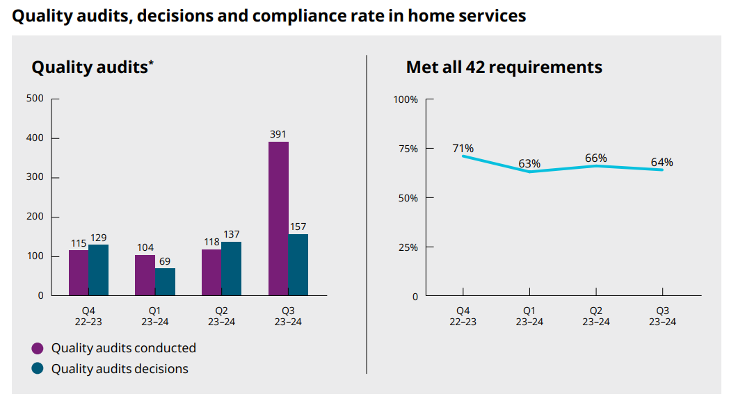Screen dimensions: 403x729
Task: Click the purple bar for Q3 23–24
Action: [x=278, y=219]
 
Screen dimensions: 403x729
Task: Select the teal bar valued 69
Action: [x=165, y=282]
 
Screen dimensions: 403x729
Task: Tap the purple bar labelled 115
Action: [x=79, y=273]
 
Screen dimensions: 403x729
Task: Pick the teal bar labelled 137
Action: [x=231, y=269]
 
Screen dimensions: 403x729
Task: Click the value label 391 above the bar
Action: [x=278, y=134]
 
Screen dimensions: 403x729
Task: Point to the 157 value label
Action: [x=298, y=227]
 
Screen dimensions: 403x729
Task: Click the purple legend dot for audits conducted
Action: [x=38, y=348]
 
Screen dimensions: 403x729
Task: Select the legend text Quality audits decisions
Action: [x=120, y=369]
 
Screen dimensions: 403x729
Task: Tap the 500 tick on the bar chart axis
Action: [x=35, y=99]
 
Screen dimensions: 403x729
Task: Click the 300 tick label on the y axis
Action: [x=35, y=178]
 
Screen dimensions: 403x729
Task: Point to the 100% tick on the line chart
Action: [x=406, y=99]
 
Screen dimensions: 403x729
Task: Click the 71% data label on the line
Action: [x=463, y=148]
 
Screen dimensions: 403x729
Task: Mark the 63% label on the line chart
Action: [x=529, y=163]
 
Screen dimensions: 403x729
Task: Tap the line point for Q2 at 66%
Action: [x=596, y=166]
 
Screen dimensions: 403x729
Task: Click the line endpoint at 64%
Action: [x=662, y=170]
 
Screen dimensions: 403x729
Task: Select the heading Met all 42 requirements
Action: [x=504, y=67]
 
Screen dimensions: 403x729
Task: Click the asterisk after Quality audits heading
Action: [x=151, y=64]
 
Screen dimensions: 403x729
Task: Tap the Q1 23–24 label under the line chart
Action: [x=529, y=316]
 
